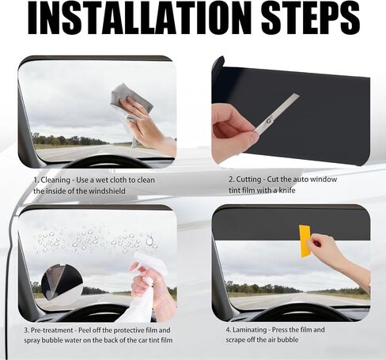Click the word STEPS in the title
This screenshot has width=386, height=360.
point(311,18)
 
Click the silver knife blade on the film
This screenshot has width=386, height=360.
point(278,113)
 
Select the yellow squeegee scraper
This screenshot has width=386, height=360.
point(305,241)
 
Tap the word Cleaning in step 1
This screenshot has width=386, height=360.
point(55,180)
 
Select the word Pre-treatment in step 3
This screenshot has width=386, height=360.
point(52,330)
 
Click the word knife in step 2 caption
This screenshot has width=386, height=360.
point(287,190)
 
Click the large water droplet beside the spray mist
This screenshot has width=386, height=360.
point(149,241)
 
